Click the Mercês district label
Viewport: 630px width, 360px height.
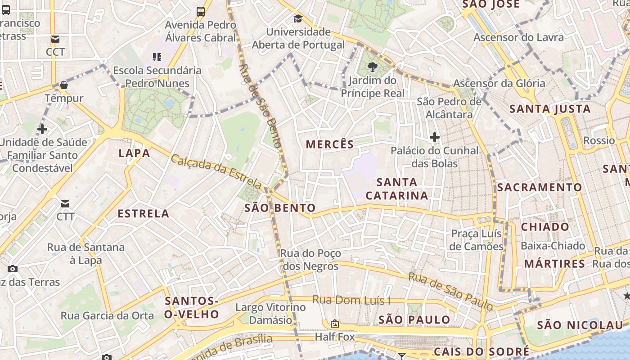[x=330, y=144]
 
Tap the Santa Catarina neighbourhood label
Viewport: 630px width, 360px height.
[x=396, y=189]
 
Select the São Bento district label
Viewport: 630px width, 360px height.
[x=279, y=208]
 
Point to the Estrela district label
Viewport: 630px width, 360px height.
[x=144, y=214]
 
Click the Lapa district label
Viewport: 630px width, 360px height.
[x=134, y=153]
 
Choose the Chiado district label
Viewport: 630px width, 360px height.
[x=545, y=227]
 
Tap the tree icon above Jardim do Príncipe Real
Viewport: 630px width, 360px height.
[x=372, y=67]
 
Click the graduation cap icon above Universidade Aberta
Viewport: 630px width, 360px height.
[x=298, y=19]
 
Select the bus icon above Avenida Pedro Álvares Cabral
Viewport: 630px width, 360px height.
[x=201, y=11]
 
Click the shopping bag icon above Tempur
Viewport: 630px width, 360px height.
[x=64, y=85]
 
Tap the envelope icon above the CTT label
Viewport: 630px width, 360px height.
[x=66, y=204]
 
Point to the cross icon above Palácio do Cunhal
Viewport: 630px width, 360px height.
[x=434, y=137]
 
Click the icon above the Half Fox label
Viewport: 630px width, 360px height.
[x=334, y=324]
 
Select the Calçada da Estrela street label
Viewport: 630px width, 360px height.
[x=216, y=171]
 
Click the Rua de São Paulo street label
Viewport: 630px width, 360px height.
[x=450, y=291]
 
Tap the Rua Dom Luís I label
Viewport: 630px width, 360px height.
[x=351, y=300]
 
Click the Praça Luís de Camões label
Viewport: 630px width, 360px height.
[x=476, y=240]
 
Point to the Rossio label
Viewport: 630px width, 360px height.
[x=598, y=140]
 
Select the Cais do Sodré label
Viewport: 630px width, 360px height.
[x=481, y=351]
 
